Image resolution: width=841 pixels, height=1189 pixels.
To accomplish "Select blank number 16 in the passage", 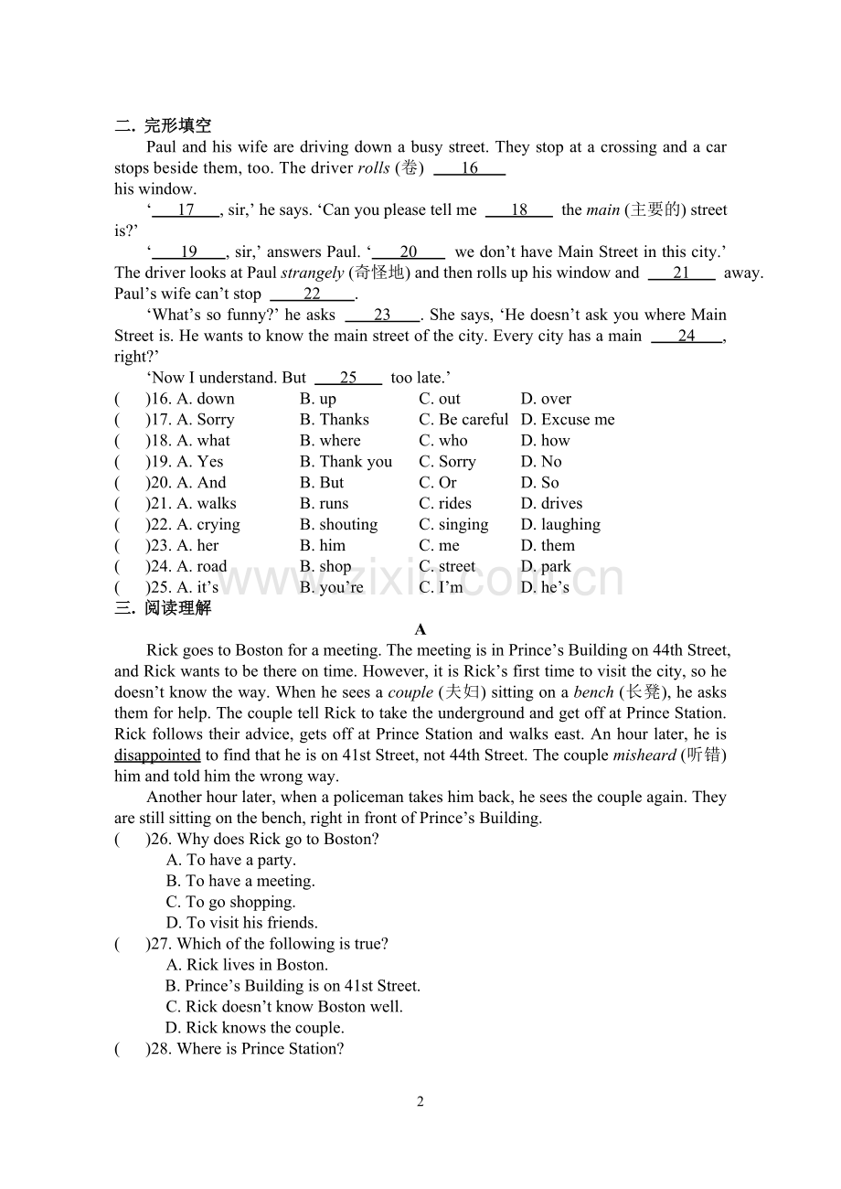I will [x=469, y=168].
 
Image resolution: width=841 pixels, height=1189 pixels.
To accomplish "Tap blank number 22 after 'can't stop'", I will [x=313, y=295].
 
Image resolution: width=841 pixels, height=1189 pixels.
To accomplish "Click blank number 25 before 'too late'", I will [x=348, y=378].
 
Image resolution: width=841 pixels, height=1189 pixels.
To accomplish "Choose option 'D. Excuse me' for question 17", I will [x=568, y=420].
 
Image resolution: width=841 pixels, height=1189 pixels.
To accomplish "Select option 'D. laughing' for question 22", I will [x=560, y=525].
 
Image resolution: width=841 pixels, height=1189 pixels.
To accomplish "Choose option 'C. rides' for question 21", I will [x=445, y=504].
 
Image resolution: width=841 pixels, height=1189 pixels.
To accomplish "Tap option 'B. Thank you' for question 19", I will [x=346, y=462].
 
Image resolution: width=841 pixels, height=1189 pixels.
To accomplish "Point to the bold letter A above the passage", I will [x=420, y=629].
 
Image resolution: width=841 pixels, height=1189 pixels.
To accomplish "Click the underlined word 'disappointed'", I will [x=157, y=755].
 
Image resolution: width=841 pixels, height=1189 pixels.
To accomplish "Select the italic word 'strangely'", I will [x=313, y=273].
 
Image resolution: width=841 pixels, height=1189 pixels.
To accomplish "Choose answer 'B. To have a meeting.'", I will [x=240, y=882].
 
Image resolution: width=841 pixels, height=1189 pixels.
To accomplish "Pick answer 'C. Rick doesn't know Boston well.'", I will [x=284, y=1007].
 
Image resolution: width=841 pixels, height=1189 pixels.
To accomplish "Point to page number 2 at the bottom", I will [x=420, y=1102].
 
